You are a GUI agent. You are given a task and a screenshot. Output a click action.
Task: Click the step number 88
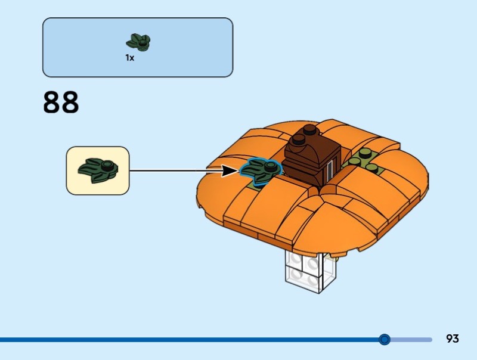point(61,102)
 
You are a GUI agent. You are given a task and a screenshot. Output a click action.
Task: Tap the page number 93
point(453,339)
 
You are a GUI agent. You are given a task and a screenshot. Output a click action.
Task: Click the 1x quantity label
point(129,57)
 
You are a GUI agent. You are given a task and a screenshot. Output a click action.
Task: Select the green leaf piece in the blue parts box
point(138,42)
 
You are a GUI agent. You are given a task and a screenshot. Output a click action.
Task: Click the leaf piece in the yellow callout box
point(98,170)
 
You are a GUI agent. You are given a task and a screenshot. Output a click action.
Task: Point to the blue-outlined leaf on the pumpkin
point(260,172)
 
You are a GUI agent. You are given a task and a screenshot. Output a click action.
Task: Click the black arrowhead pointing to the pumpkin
point(230,171)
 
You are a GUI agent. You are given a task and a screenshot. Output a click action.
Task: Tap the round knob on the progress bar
point(385,339)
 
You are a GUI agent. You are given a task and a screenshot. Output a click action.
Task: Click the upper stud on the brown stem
point(309,129)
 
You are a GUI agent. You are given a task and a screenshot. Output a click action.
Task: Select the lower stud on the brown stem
point(299,139)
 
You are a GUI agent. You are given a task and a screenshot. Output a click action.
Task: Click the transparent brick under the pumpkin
point(311,271)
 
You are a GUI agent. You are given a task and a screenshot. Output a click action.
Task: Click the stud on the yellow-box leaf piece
point(107,166)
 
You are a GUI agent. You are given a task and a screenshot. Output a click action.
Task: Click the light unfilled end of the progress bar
point(411,339)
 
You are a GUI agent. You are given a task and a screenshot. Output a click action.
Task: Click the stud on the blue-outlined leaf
point(270,166)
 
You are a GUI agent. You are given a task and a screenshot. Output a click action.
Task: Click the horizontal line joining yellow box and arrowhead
point(175,171)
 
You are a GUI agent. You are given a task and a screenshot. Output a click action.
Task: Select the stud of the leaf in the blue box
point(142,43)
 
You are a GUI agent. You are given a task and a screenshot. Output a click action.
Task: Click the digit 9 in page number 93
point(450,339)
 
